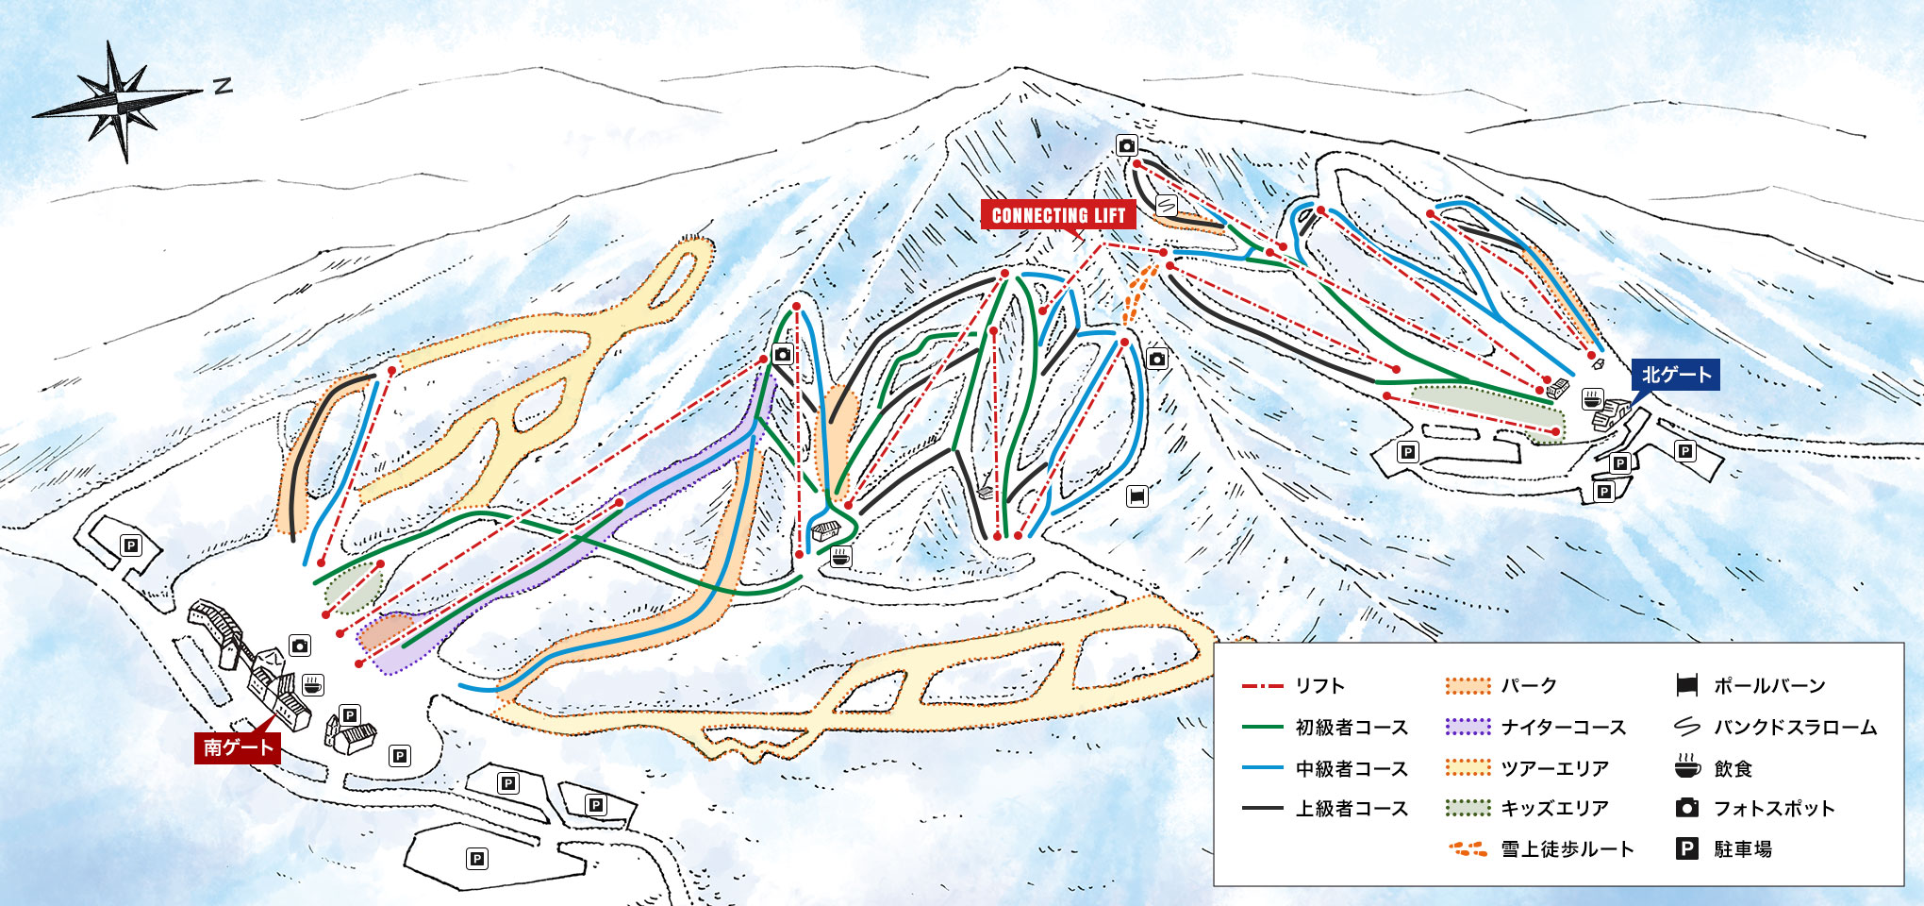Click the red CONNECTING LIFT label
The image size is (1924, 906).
[1058, 215]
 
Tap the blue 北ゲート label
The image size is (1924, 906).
[1676, 375]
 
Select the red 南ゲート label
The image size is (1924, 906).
[238, 747]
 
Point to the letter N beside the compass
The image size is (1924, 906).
[223, 87]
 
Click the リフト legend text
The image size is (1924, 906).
[1319, 686]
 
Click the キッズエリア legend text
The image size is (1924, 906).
[1554, 809]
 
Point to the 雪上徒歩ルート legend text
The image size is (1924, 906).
[1567, 849]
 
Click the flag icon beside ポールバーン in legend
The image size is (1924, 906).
[1687, 686]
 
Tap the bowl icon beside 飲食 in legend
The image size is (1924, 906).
[1687, 767]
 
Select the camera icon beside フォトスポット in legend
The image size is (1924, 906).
[1687, 809]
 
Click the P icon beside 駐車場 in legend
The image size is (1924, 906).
[1687, 849]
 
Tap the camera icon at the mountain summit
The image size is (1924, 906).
[1127, 145]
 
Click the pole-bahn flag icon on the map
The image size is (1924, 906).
[1137, 495]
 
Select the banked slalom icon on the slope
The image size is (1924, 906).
[1167, 205]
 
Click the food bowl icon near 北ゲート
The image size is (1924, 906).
[1593, 399]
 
